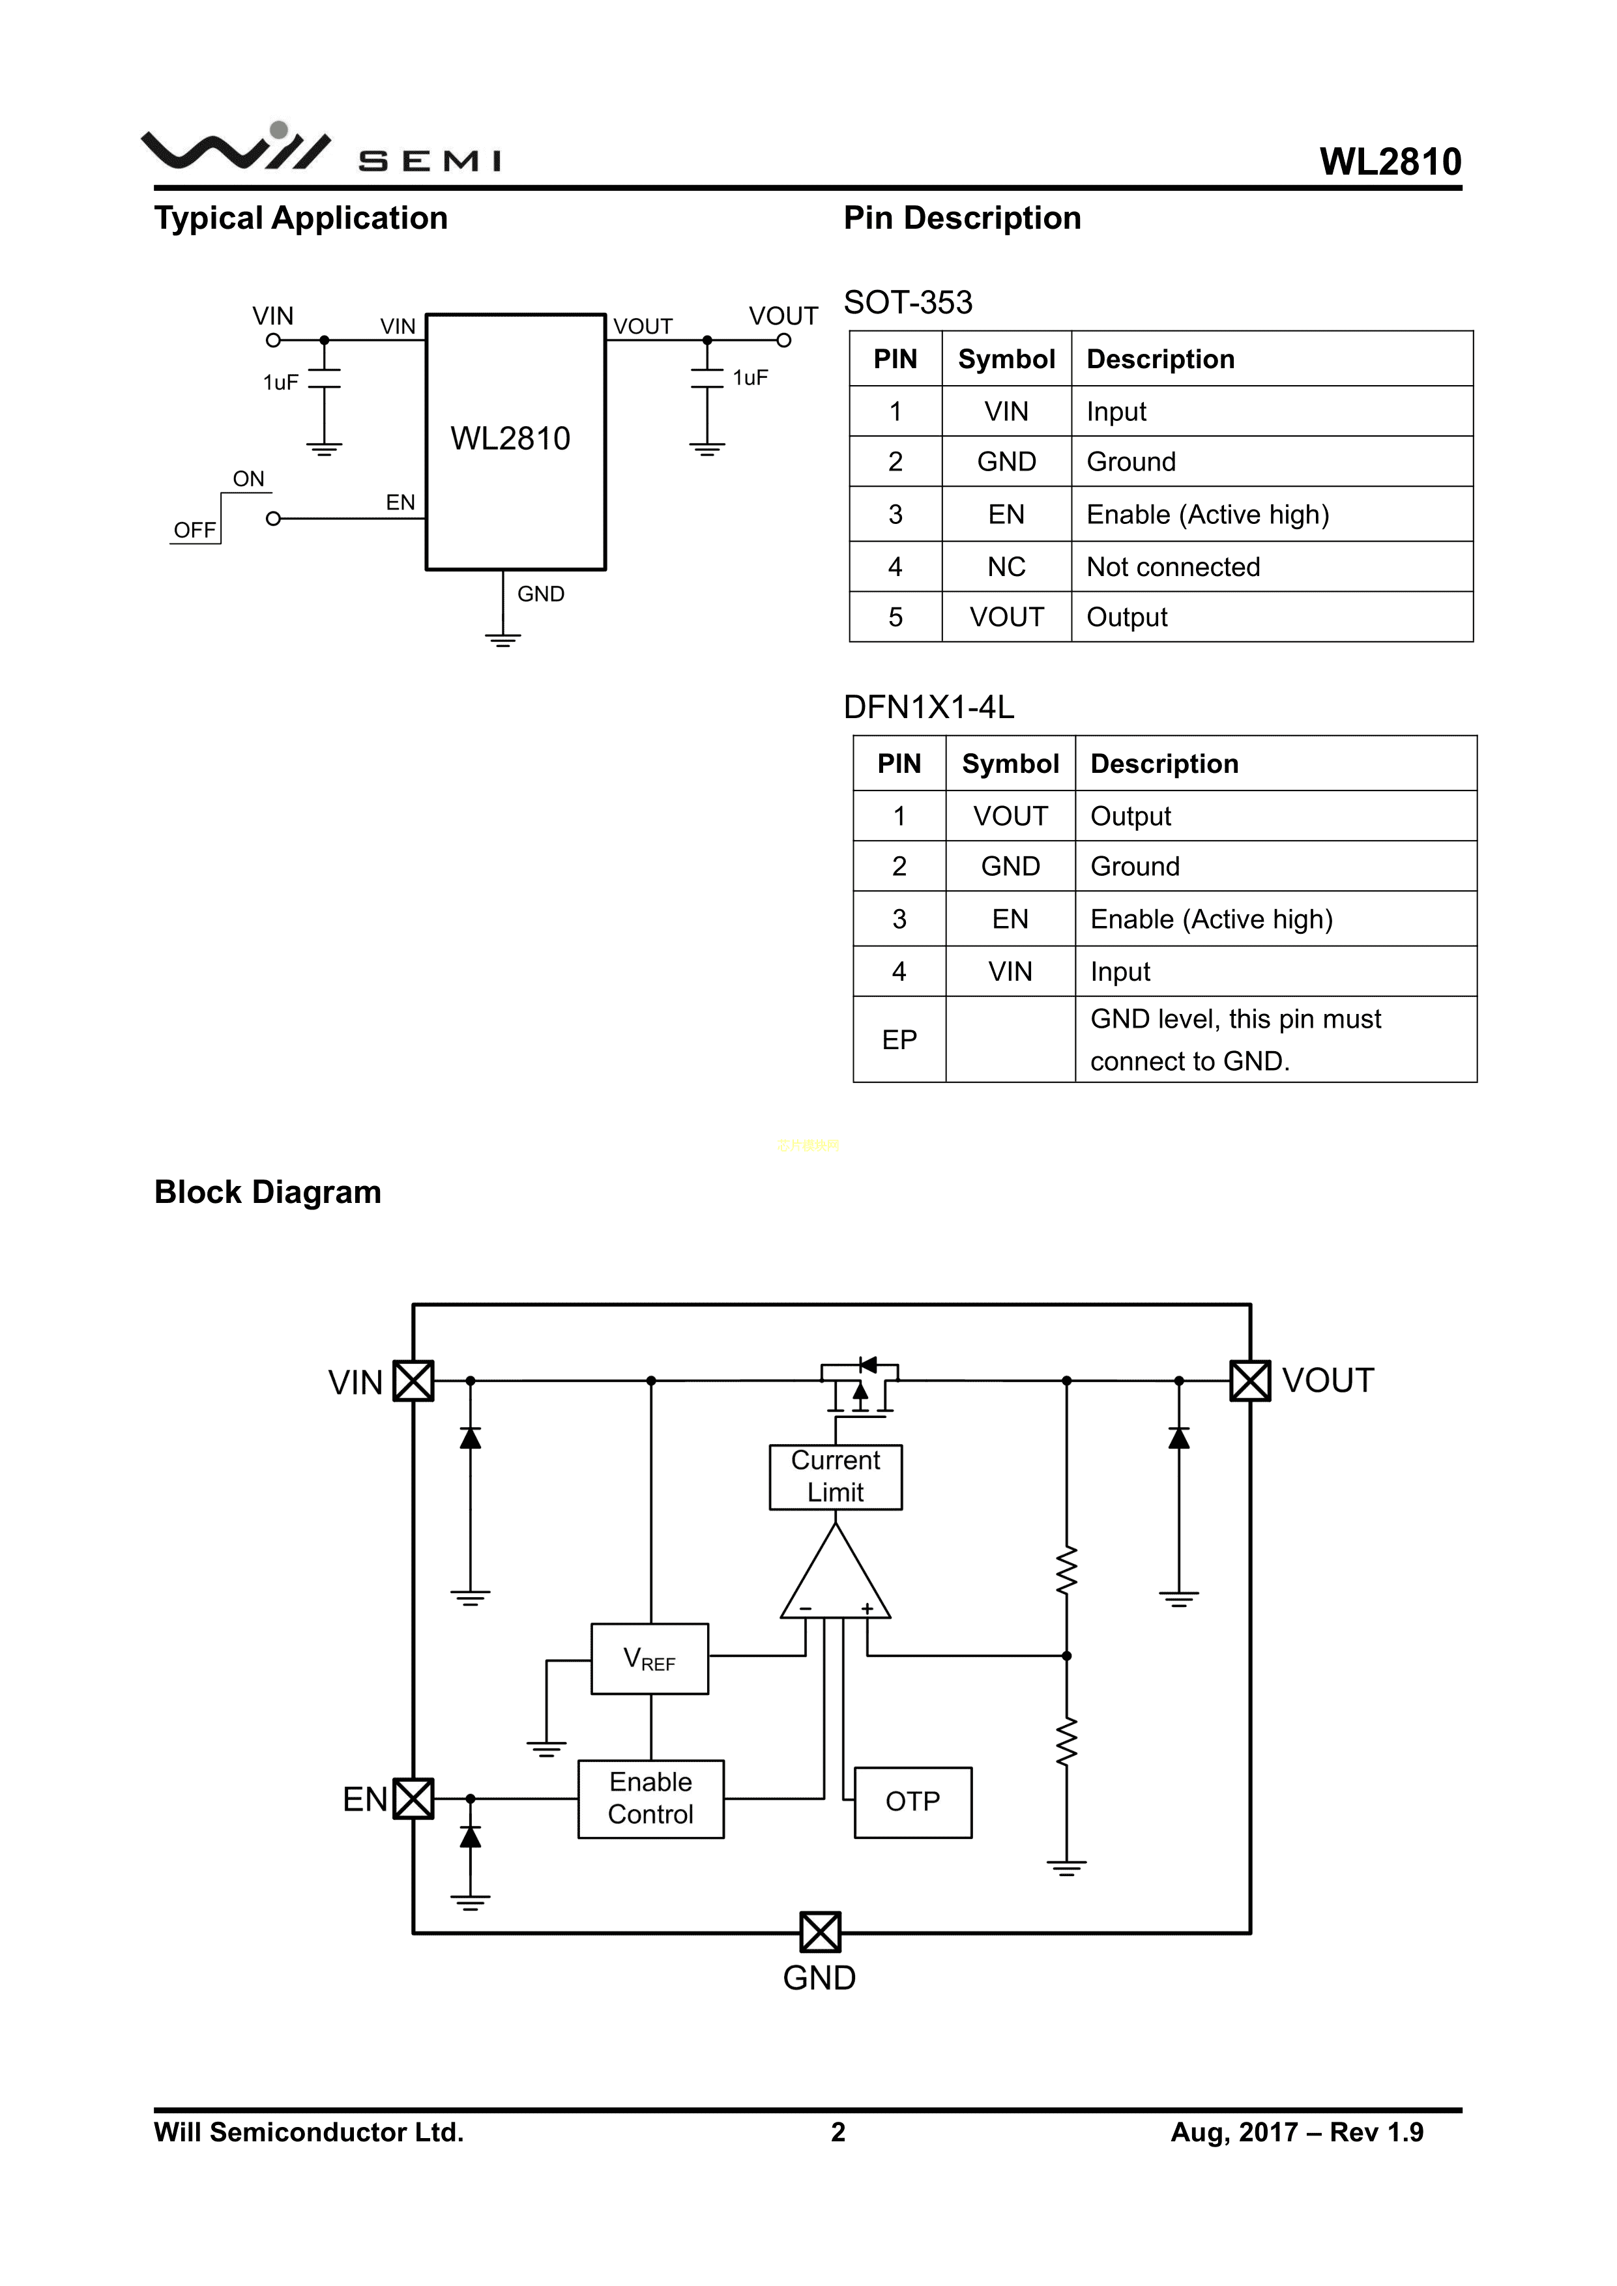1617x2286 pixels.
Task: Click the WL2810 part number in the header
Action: [1390, 162]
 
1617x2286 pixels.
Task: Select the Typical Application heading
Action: [300, 218]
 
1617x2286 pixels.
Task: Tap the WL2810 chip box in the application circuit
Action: [515, 441]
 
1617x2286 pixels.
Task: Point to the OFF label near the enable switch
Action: [194, 530]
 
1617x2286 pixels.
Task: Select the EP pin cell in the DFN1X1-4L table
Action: [899, 1039]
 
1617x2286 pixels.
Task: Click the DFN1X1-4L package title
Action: [928, 707]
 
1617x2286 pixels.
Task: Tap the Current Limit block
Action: [836, 1477]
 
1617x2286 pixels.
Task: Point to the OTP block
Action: [912, 1801]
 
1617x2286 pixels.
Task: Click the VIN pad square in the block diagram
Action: [413, 1381]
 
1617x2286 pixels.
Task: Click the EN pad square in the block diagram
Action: [413, 1798]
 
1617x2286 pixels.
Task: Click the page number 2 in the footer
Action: [838, 2132]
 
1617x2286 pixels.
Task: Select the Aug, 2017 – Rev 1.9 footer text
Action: [1296, 2132]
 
